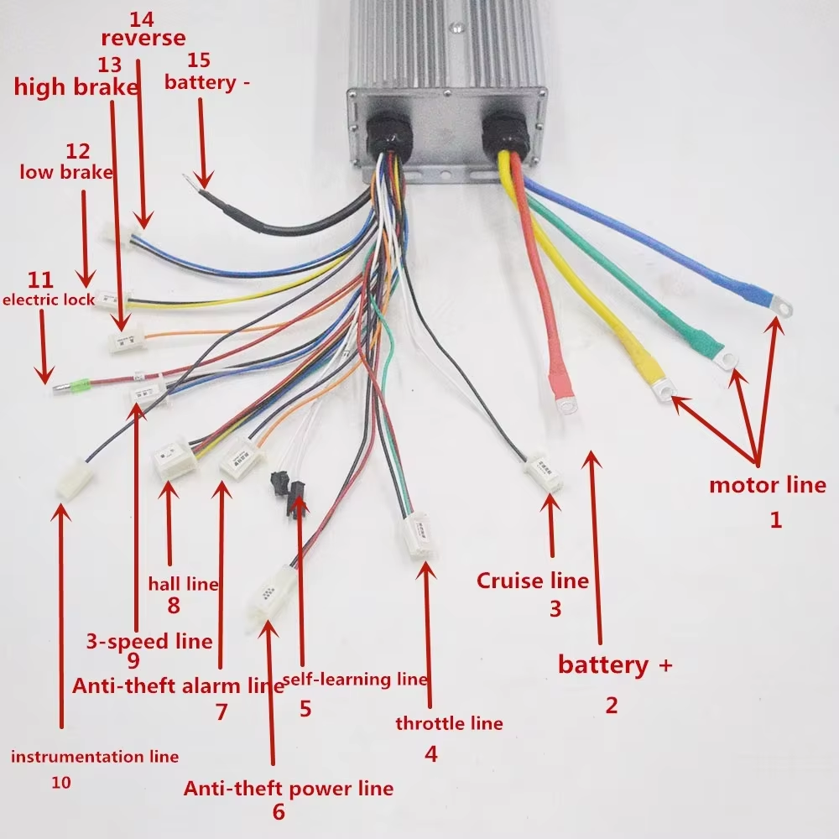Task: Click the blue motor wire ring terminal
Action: [779, 306]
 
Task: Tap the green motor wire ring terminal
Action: [726, 359]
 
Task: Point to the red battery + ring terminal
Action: [568, 407]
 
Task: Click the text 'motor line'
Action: [767, 485]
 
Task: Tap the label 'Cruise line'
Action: [532, 581]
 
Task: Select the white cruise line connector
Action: [544, 475]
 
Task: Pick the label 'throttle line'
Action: [448, 723]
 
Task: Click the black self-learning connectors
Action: [288, 495]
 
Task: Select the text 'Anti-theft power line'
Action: [288, 789]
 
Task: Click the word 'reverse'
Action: [143, 38]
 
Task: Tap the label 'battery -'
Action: [207, 83]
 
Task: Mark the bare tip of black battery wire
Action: [198, 179]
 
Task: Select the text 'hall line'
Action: [183, 584]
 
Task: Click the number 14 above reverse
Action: [143, 16]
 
